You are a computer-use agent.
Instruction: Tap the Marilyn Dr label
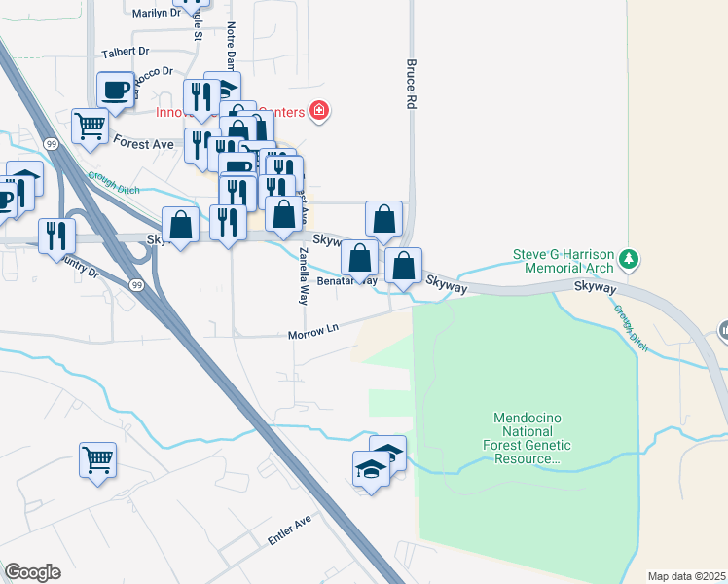(156, 13)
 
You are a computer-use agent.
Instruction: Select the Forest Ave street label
(143, 142)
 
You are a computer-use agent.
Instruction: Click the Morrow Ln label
(312, 334)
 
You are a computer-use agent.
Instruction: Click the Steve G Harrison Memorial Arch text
(564, 261)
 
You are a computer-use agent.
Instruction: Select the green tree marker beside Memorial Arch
(631, 258)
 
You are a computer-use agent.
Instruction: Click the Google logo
(32, 571)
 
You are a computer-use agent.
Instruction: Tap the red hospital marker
(317, 111)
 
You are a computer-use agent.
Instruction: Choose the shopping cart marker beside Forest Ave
(90, 126)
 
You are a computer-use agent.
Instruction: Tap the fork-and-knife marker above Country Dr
(56, 235)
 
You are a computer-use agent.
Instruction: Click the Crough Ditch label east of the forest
(631, 327)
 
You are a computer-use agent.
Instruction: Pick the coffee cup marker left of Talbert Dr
(115, 91)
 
